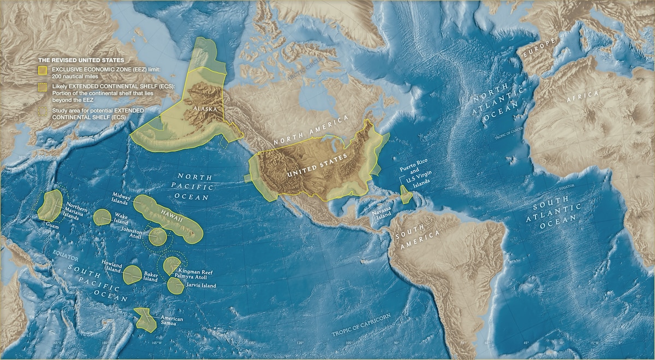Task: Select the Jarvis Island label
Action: point(201,285)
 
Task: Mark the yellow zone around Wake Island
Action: point(102,217)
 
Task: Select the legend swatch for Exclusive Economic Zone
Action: point(42,70)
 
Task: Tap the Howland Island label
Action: point(112,266)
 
